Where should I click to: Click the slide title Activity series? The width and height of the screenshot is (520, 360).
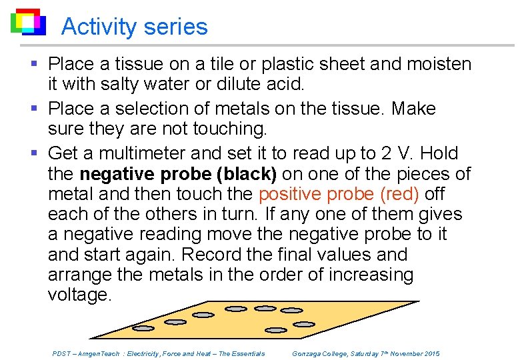tap(134, 27)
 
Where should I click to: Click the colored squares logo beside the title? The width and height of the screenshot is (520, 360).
tap(28, 22)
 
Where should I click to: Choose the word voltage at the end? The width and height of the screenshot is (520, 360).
tap(79, 295)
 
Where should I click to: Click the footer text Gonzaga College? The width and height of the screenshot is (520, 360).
tap(320, 353)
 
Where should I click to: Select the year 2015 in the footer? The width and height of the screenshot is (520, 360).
tap(430, 353)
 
